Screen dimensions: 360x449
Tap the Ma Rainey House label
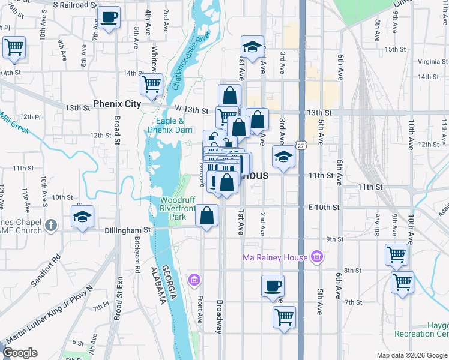[276, 258]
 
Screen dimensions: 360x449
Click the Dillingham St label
[127, 230]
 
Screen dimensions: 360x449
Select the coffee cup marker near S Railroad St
[109, 18]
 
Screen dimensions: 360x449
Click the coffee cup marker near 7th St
[273, 287]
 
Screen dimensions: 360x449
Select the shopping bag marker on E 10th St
[206, 217]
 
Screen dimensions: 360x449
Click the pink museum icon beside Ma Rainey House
[317, 258]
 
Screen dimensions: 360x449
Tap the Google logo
[20, 353]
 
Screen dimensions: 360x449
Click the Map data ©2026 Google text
[411, 355]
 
